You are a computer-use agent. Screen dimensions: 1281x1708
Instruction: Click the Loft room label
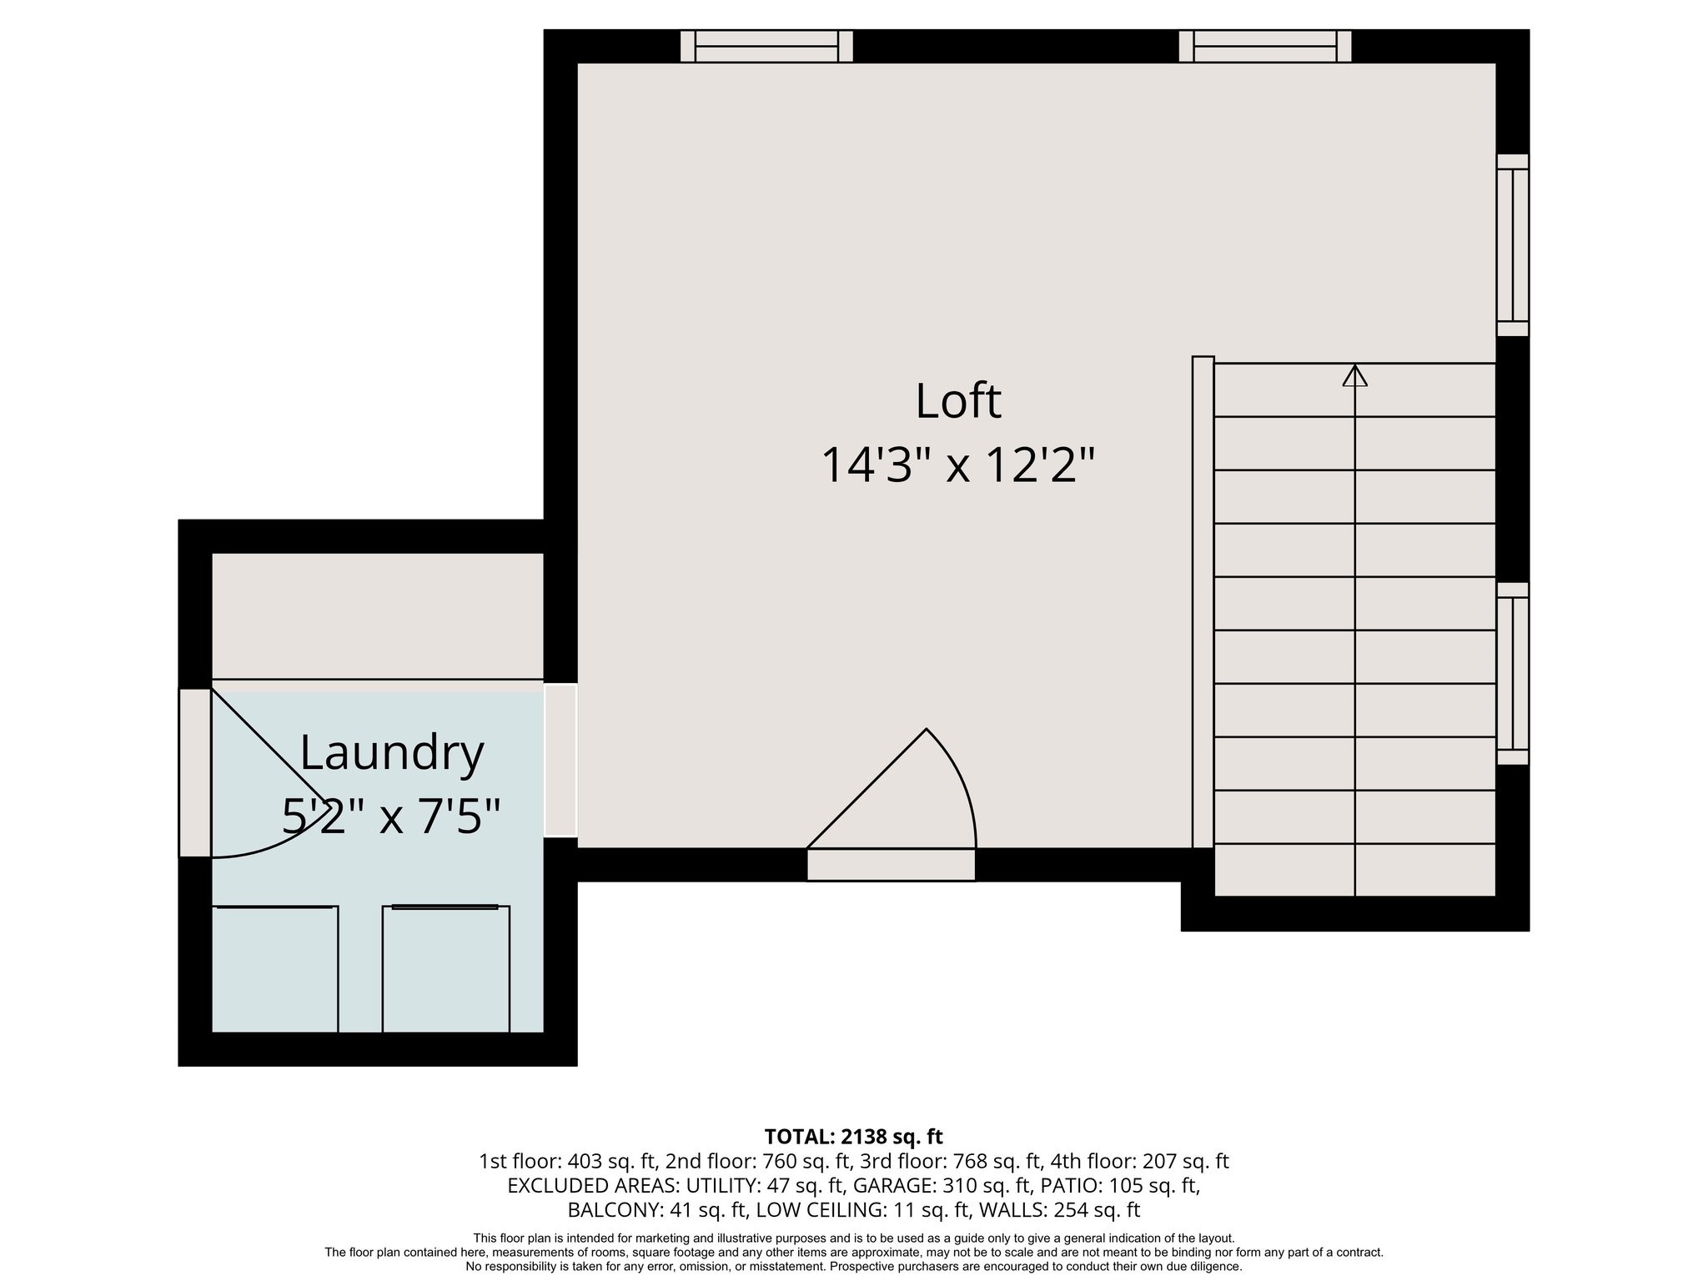pos(957,401)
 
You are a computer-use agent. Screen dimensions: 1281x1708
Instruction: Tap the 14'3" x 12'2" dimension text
pos(957,465)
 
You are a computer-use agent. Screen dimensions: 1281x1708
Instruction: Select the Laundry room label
pos(391,752)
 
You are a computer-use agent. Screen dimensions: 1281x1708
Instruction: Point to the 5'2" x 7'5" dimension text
pos(391,816)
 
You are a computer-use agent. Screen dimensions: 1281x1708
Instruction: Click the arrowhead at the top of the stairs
pos(1354,377)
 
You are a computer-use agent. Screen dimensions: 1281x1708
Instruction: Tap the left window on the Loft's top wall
pos(766,46)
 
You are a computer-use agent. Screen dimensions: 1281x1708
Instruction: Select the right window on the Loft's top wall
pos(1264,46)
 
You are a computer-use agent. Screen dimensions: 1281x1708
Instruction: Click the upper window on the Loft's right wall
pos(1512,245)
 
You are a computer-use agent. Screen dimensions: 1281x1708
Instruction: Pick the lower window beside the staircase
pos(1512,673)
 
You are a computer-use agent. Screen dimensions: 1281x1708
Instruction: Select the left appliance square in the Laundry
pos(274,969)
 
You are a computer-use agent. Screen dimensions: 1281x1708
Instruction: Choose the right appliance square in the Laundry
pos(445,969)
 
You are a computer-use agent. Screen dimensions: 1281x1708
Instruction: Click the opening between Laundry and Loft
pos(560,760)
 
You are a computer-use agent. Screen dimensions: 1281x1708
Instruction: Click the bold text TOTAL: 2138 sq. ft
pos(853,1137)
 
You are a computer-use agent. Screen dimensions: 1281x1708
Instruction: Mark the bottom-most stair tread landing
pos(1354,871)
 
